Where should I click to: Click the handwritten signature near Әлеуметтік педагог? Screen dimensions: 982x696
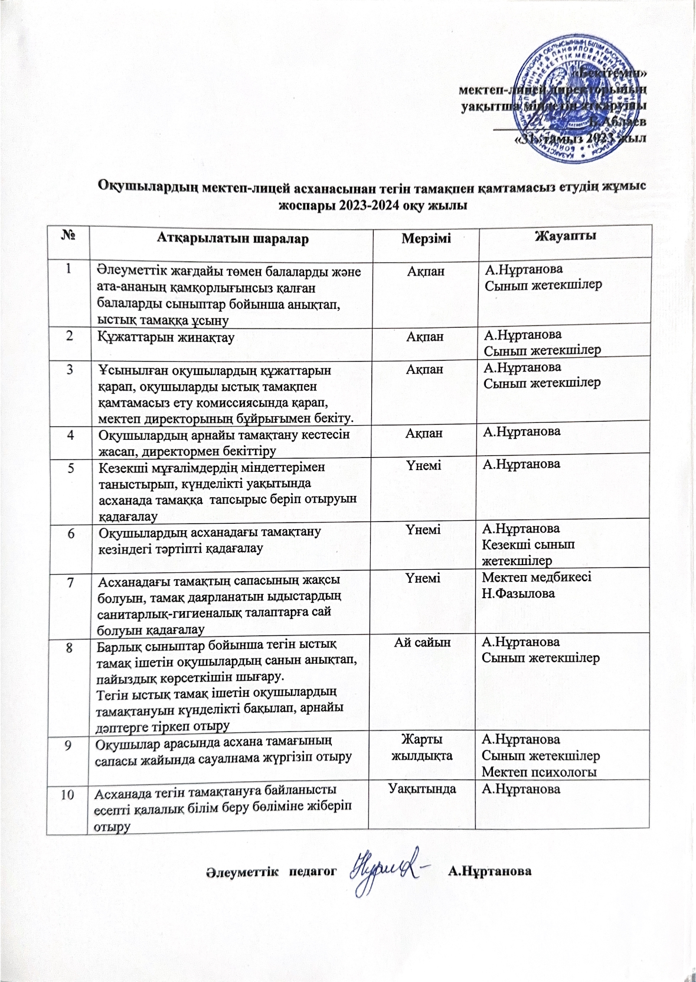click(x=384, y=871)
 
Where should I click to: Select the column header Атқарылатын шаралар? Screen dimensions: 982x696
click(x=233, y=239)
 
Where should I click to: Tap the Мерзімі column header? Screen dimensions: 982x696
click(x=426, y=239)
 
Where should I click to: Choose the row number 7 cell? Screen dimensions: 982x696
click(x=70, y=582)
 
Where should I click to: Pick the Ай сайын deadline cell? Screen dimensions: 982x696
click(x=423, y=642)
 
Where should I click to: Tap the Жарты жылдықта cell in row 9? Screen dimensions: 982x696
click(x=423, y=747)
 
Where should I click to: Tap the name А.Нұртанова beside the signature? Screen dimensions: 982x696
click(x=490, y=871)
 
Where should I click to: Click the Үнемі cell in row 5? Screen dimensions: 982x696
click(x=423, y=465)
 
